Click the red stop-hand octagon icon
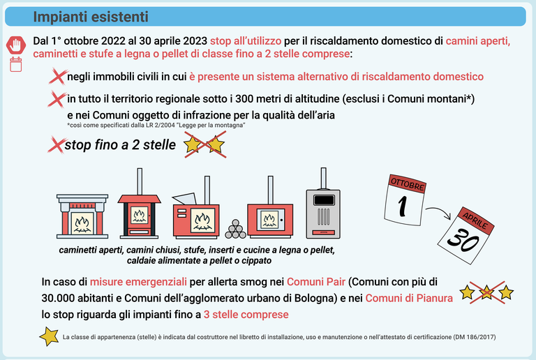16,45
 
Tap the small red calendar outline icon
16,65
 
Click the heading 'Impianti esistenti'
91,17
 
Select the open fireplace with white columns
82,216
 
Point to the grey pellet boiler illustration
323,204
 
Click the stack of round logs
235,229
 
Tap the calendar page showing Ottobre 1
405,200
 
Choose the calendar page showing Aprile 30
466,236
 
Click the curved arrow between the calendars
438,212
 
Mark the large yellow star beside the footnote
50,336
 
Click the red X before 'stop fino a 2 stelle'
57,145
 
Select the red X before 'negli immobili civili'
58,76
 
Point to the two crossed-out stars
204,145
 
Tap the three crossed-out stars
486,293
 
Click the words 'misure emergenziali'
138,282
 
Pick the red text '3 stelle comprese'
246,314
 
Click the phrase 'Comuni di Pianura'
409,298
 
